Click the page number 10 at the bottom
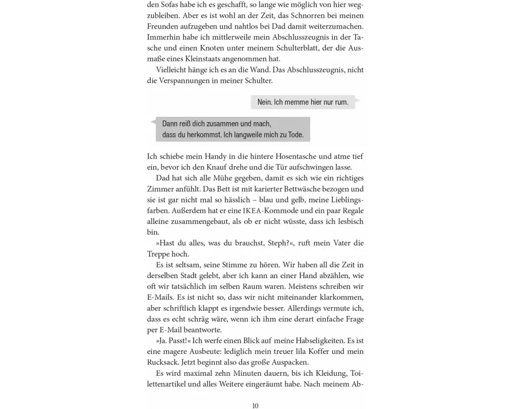pos(255,405)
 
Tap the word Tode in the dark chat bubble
pos(294,135)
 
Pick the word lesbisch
pos(347,221)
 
